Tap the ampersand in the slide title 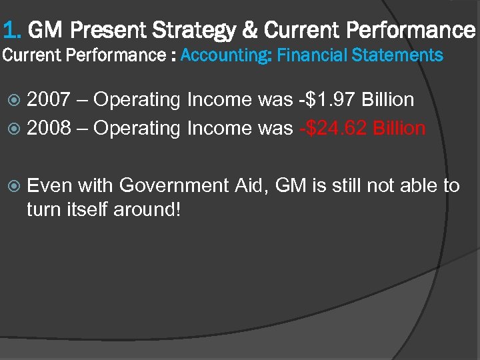tap(252, 30)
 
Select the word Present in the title tap(109, 30)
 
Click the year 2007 tap(48, 100)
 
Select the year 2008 tap(48, 128)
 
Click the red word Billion tap(399, 128)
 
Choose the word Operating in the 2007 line tap(137, 101)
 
